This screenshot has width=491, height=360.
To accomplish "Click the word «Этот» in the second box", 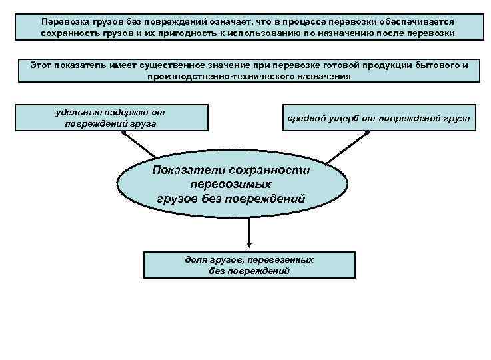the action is click(x=44, y=65).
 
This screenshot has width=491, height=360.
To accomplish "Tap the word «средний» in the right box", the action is click(x=306, y=118).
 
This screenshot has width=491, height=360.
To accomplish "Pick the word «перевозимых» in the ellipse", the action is click(x=231, y=183).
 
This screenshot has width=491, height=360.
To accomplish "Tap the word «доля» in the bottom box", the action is click(x=197, y=259).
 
